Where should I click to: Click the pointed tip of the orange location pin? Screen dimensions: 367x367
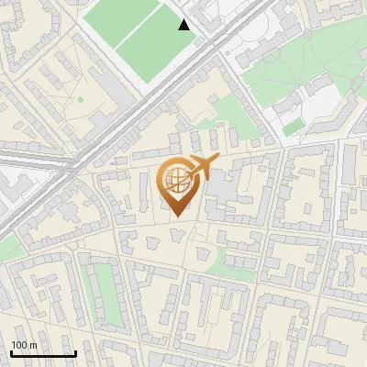tap(178, 216)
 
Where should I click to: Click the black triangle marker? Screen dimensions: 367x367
tap(184, 25)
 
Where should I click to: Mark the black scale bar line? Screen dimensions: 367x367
tap(43, 353)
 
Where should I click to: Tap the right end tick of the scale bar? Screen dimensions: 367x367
tap(75, 351)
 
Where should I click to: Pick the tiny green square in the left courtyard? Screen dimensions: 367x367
tap(80, 99)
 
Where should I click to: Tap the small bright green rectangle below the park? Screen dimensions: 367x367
tap(294, 129)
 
